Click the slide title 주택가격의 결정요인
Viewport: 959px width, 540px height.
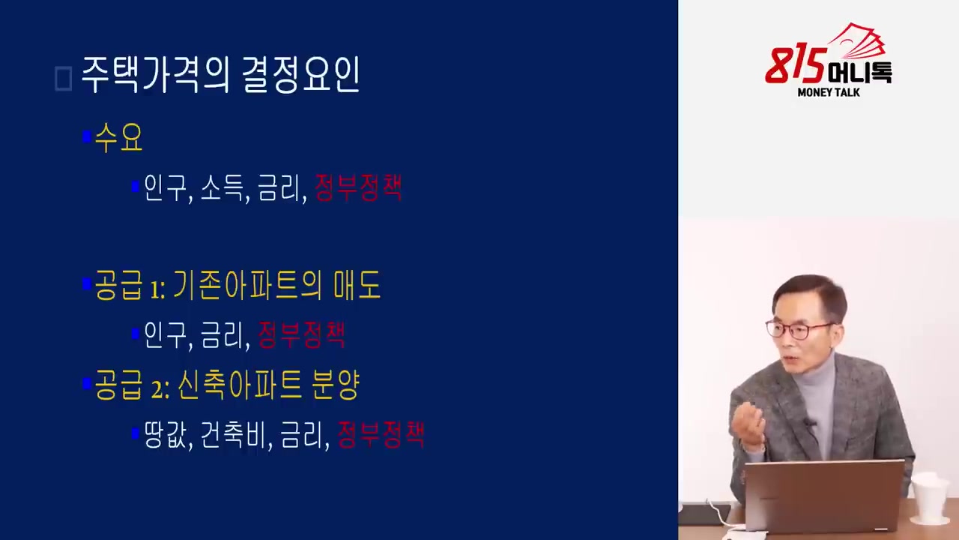220,76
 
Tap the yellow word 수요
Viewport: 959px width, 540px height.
118,137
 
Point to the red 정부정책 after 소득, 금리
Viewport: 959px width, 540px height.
358,187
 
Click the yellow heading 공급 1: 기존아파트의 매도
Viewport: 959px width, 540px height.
238,285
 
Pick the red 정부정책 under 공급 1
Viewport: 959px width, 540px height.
301,334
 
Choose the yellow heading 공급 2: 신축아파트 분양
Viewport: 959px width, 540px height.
227,385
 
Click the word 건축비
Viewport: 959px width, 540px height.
234,435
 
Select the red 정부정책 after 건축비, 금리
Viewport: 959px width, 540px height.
381,434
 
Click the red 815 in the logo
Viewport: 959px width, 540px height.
796,65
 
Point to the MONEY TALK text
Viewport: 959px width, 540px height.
829,92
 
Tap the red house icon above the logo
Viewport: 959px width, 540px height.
856,40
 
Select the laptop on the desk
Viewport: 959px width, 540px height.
824,497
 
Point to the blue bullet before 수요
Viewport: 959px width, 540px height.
87,136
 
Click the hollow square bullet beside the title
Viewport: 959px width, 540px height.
64,79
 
